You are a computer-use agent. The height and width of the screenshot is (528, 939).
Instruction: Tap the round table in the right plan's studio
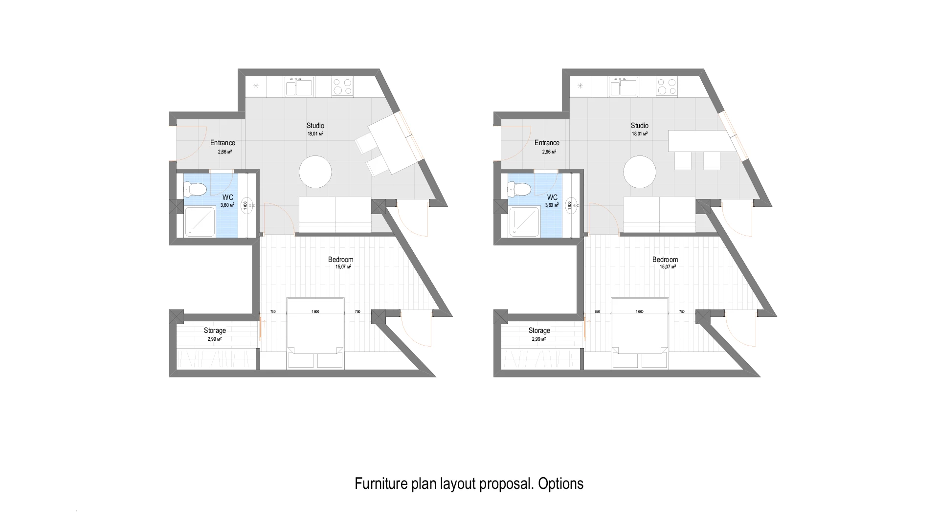pos(640,172)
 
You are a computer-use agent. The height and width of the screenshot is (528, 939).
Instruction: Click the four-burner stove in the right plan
pos(667,87)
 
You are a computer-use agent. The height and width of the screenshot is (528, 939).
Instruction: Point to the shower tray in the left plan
pos(200,221)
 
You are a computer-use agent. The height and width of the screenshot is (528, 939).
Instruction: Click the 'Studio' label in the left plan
pos(315,126)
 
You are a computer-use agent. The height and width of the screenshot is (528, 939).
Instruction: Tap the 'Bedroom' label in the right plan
pos(665,260)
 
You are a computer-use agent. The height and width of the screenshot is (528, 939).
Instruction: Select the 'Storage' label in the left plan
pos(215,330)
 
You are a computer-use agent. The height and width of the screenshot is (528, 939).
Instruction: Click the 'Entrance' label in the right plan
pos(547,143)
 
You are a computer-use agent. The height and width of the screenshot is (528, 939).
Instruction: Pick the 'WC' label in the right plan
pos(552,198)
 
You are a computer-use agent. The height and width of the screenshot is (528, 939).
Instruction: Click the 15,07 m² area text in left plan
pos(340,267)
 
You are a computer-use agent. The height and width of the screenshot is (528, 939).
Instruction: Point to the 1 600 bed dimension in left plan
pos(315,312)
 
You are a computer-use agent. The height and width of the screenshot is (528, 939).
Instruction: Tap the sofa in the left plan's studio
pos(335,214)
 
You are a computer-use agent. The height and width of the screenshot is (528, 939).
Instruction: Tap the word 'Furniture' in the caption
pos(380,484)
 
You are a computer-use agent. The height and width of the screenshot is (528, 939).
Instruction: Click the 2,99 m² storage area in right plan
pos(539,339)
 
